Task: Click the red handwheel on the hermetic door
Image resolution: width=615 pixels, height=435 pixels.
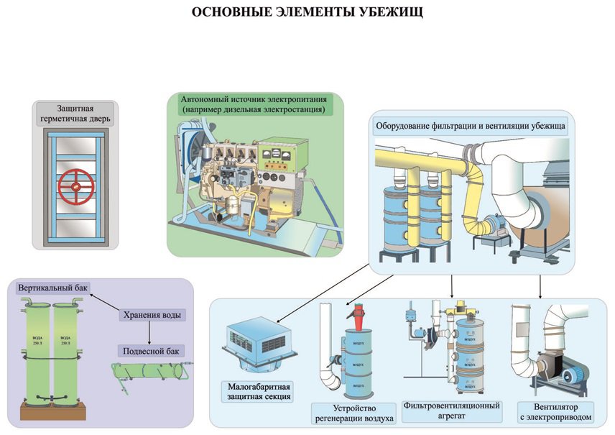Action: (77, 186)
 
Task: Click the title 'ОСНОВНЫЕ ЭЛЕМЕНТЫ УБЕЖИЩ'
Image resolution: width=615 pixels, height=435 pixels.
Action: (307, 13)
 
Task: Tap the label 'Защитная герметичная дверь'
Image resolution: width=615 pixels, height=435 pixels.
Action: (75, 114)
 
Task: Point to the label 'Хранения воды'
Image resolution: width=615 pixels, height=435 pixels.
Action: (151, 315)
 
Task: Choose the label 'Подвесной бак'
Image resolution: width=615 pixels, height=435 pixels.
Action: (151, 351)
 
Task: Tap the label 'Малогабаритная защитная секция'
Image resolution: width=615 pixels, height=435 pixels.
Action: (255, 391)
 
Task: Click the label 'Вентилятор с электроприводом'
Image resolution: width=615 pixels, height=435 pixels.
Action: (555, 411)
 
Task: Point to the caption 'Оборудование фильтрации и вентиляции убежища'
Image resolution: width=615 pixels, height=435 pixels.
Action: (471, 126)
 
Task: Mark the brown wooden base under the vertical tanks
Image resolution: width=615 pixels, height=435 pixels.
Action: (52, 412)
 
